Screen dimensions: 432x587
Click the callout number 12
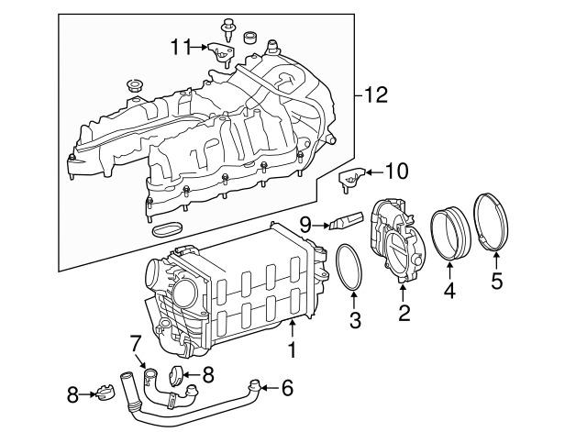(376, 94)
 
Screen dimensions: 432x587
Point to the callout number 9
(305, 222)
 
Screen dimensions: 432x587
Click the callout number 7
(135, 343)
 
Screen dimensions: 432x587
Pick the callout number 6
(286, 388)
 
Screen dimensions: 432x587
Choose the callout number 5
(496, 281)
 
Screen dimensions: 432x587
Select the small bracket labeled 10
(349, 181)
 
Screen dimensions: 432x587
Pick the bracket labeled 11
(217, 51)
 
